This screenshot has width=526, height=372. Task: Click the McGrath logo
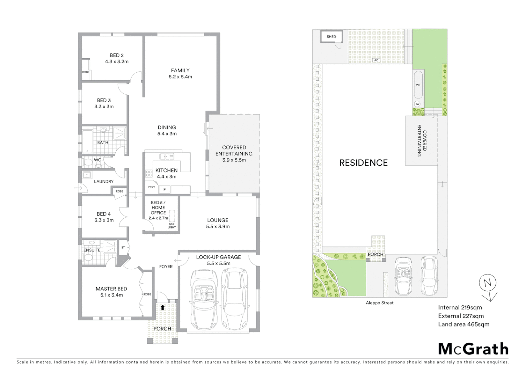tap(473, 349)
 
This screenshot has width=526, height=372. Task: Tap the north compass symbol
tap(488, 283)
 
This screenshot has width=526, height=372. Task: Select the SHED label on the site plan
tap(331, 37)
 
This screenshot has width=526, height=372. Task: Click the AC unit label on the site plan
tap(376, 60)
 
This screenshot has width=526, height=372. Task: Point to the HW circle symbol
tap(417, 104)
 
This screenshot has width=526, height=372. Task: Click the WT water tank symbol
tap(418, 85)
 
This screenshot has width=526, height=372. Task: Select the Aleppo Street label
tap(379, 303)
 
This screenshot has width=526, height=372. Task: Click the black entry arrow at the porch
tap(162, 308)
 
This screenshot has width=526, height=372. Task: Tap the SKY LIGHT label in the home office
tap(172, 226)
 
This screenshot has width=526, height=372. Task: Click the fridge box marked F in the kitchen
tap(165, 189)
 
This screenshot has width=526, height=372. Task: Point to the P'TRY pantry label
tap(151, 187)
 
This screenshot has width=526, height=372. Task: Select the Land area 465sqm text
tap(463, 324)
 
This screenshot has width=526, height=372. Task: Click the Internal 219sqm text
tap(460, 307)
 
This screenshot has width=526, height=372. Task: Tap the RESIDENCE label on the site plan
tap(363, 163)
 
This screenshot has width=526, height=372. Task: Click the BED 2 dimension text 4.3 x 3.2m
tap(117, 62)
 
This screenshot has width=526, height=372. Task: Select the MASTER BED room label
tap(111, 289)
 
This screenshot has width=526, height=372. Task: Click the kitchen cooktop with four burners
tap(149, 174)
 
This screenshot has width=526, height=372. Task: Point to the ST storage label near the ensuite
tap(123, 247)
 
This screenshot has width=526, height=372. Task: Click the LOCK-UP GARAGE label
tap(218, 257)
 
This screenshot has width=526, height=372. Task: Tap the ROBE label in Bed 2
tap(86, 72)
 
